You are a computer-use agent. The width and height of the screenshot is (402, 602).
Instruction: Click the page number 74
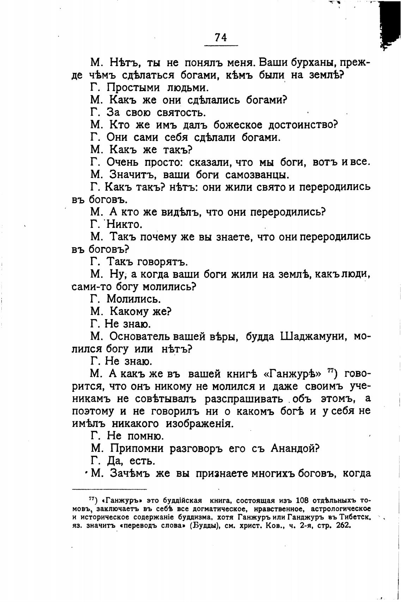(221, 37)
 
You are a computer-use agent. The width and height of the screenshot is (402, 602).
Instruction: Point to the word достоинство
(302, 125)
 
